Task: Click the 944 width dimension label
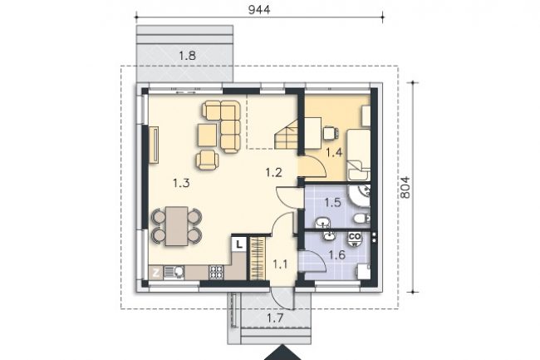pos(259,10)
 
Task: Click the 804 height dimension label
pos(406,187)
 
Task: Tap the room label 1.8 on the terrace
pos(188,55)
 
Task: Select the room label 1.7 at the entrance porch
pos(276,318)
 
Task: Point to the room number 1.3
pos(181,183)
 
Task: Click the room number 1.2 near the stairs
pos(274,172)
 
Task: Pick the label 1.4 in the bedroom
pos(334,152)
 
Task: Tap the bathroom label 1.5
pos(332,203)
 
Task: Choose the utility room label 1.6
pos(336,255)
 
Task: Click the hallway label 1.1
pos(280,264)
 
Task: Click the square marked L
pos(239,245)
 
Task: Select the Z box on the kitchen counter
pos(155,273)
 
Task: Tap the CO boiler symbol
pos(355,238)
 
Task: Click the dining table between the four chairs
pos(177,226)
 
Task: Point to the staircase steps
pos(286,134)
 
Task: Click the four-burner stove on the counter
pos(217,273)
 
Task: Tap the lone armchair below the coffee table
pos(208,160)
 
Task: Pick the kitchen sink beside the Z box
pos(174,273)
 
